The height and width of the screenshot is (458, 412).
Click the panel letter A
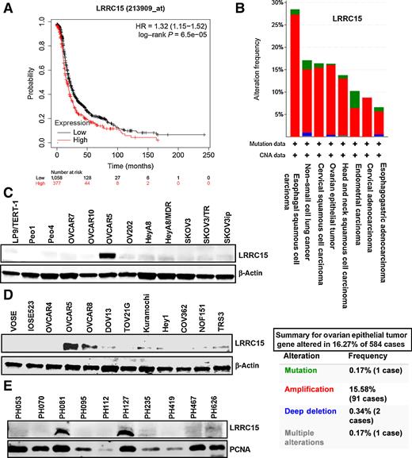tap(6, 7)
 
